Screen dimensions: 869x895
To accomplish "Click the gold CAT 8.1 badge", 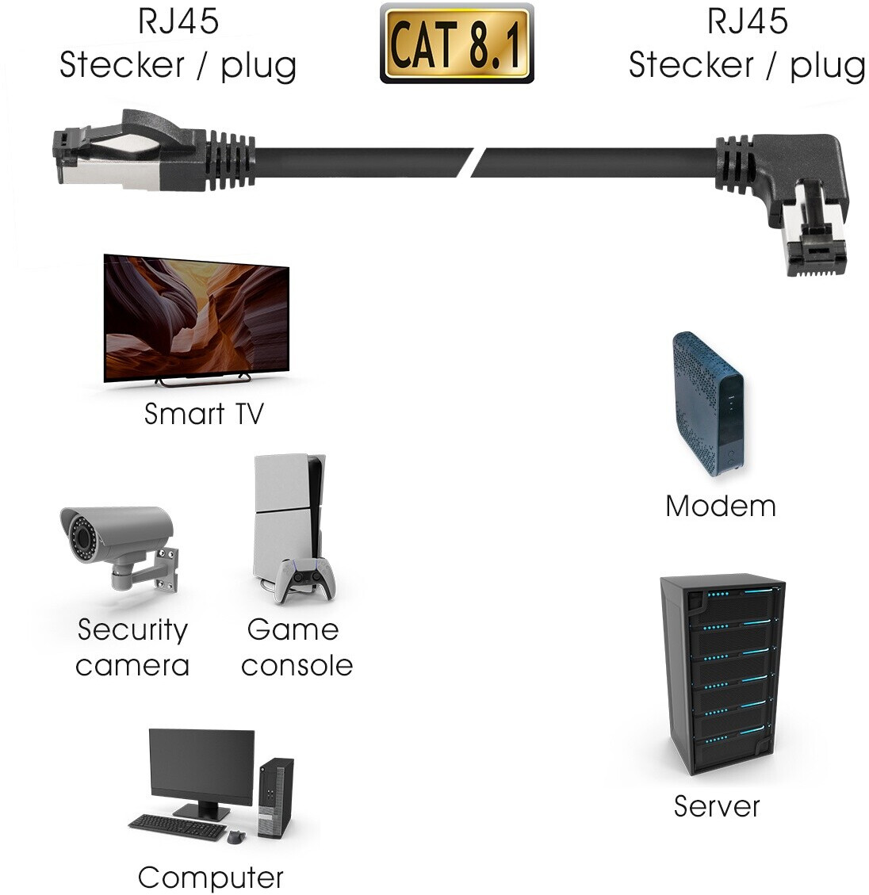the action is pyautogui.click(x=457, y=44).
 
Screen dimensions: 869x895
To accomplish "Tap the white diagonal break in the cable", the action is pyautogui.click(x=477, y=161).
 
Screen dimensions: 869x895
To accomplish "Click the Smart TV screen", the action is pyautogui.click(x=196, y=317).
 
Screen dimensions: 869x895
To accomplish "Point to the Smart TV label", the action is pyautogui.click(x=203, y=414).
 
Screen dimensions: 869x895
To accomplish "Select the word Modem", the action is pyautogui.click(x=720, y=506).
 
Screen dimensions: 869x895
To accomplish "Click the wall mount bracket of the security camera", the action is pyautogui.click(x=163, y=568).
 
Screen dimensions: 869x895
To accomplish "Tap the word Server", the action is pyautogui.click(x=717, y=806).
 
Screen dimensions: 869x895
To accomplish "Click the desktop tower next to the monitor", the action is pyautogui.click(x=275, y=797).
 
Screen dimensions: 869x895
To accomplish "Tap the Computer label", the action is pyautogui.click(x=210, y=878).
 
